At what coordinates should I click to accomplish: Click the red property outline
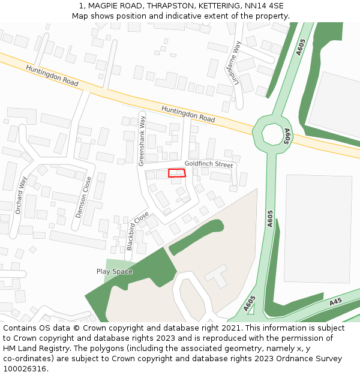click(176, 173)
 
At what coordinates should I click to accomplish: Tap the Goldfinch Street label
click(208, 164)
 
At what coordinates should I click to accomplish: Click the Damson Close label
click(83, 197)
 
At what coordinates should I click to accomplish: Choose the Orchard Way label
click(21, 196)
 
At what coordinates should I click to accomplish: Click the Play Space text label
click(114, 272)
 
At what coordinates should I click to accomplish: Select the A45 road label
click(335, 301)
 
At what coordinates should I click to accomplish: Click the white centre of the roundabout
click(272, 134)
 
